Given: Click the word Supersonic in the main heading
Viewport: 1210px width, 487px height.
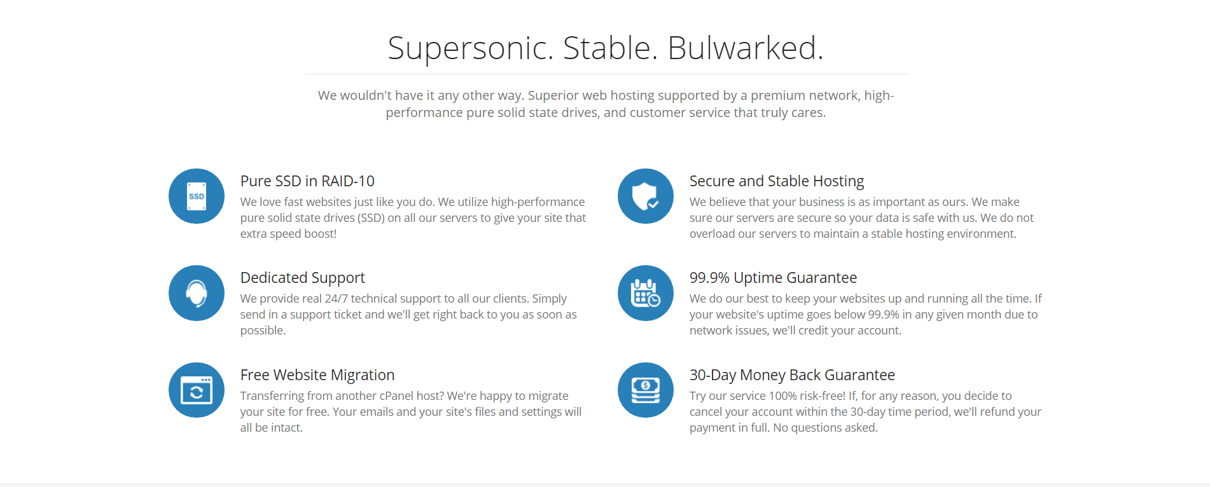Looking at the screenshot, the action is tap(471, 48).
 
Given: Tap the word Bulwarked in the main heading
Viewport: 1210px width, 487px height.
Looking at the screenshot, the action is tap(746, 48).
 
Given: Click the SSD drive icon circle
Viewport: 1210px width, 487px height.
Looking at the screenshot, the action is tap(197, 196).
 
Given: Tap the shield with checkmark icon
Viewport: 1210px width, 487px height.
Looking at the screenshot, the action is tap(646, 196).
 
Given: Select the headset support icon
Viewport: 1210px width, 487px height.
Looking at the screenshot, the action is tap(197, 293).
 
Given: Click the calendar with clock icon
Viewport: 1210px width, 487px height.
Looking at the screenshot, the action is tap(646, 293).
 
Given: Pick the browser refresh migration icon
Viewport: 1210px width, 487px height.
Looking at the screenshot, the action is tap(197, 390).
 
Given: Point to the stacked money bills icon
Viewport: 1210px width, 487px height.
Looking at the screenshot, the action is tap(646, 390).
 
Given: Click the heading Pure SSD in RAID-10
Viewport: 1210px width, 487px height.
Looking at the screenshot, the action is tap(307, 181).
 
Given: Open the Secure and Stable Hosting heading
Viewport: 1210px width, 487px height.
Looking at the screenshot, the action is tap(777, 181).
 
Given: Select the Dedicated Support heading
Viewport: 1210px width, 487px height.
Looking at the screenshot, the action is tap(303, 278).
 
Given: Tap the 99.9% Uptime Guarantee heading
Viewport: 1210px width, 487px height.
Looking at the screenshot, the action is tap(773, 278).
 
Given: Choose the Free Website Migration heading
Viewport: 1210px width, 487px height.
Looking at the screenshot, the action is tap(317, 375).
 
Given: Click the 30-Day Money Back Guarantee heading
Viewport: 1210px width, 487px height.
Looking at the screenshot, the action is tap(792, 375).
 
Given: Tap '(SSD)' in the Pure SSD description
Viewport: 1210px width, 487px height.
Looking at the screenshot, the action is tap(371, 218).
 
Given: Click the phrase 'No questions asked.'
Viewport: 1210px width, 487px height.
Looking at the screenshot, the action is tap(825, 428).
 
